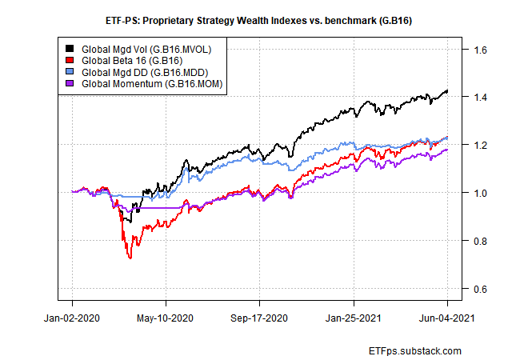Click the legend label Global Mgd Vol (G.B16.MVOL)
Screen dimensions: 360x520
pyautogui.click(x=146, y=49)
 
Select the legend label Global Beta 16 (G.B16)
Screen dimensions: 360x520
pyautogui.click(x=131, y=60)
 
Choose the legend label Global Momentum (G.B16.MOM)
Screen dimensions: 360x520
pyautogui.click(x=150, y=82)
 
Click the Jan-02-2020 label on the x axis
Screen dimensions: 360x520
pyautogui.click(x=72, y=318)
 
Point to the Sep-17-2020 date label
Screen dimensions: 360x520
pyautogui.click(x=259, y=318)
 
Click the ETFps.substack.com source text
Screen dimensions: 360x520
pyautogui.click(x=417, y=350)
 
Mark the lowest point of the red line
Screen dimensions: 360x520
pyautogui.click(x=130, y=258)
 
